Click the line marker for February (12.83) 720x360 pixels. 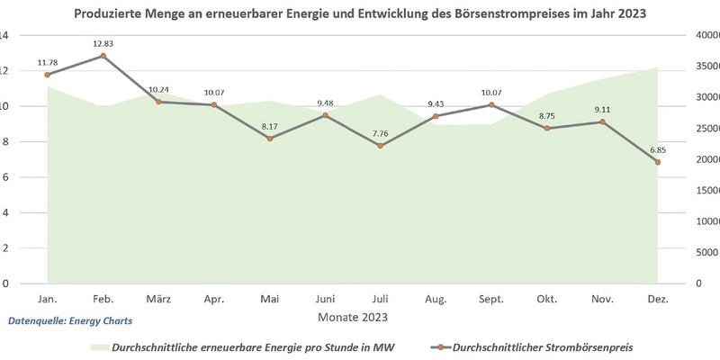point(103,56)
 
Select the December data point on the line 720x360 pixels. point(658,162)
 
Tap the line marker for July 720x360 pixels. point(381,146)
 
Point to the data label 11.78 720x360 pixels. point(49,62)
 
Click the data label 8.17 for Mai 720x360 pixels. point(270,126)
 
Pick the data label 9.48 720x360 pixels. point(326,103)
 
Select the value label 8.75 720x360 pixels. point(547,116)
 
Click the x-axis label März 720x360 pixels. point(158,298)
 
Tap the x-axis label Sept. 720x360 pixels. point(491,298)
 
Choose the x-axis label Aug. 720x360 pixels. point(436,298)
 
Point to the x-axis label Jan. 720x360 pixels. point(48,298)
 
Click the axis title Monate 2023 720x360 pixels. point(352,317)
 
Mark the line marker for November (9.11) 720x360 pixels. point(602,121)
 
